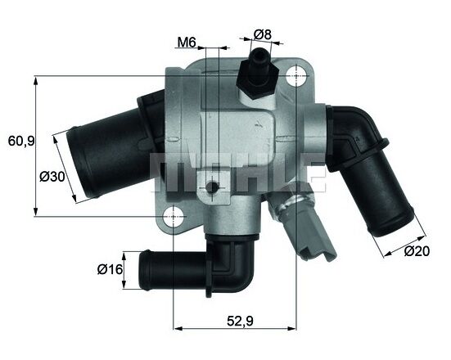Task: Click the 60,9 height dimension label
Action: [21, 141]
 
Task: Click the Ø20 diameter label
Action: [417, 253]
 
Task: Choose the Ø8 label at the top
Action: [263, 34]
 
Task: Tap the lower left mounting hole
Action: [174, 218]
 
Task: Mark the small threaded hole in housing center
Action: [211, 190]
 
